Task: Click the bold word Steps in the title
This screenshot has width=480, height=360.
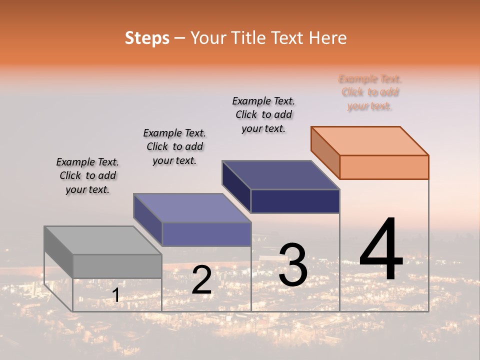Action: tap(146, 38)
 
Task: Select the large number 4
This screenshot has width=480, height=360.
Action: tap(381, 250)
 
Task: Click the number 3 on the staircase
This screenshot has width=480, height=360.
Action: tap(292, 265)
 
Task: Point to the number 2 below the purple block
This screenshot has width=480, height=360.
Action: tap(201, 280)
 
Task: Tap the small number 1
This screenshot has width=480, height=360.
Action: tap(115, 295)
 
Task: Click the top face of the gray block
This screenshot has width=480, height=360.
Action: tap(102, 240)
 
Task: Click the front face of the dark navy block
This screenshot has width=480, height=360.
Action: tap(295, 201)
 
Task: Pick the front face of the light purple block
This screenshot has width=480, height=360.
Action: tap(206, 234)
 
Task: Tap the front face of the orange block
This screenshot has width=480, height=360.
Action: tap(384, 167)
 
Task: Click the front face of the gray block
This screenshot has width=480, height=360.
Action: tap(117, 266)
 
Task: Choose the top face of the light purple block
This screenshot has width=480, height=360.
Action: tap(192, 208)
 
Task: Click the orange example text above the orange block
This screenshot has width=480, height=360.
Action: tap(370, 92)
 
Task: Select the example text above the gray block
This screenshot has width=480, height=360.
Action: tap(87, 175)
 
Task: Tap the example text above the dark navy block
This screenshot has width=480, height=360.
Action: tap(263, 114)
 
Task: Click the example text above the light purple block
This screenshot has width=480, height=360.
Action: tap(174, 146)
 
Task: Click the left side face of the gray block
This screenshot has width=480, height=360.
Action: tap(58, 252)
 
